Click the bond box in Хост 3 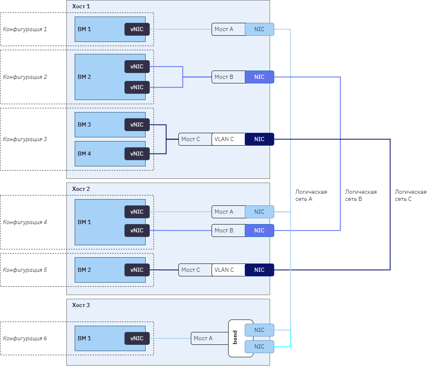pos(235,338)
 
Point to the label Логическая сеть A pos(311,195)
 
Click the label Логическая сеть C pos(410,195)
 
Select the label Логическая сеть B pos(360,195)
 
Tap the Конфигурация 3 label pos(25,139)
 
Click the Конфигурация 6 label pos(25,339)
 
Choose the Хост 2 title pos(81,189)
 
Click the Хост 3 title pos(81,305)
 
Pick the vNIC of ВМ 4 pos(137,154)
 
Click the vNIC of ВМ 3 pos(137,124)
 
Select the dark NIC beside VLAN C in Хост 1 pos(259,139)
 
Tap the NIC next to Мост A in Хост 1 pos(259,29)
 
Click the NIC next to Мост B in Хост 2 pos(259,231)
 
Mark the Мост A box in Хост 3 pos(209,339)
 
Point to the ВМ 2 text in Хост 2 pos(84,270)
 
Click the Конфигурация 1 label pos(25,29)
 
